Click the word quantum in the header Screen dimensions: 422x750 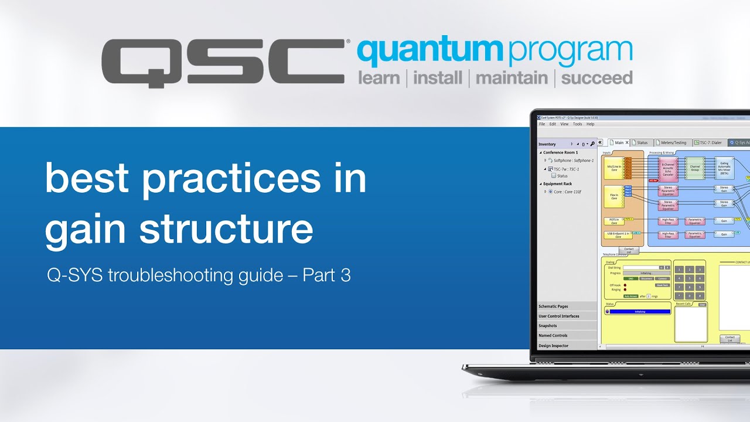(x=430, y=53)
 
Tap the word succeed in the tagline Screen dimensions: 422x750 (x=596, y=78)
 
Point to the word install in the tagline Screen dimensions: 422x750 (x=438, y=78)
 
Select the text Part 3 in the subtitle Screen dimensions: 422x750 (x=326, y=275)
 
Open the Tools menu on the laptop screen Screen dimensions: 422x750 (x=577, y=124)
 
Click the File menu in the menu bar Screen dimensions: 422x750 (x=542, y=124)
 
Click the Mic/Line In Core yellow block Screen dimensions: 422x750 (x=614, y=168)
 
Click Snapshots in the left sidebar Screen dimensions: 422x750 (x=548, y=326)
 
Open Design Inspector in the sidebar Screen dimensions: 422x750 (x=554, y=346)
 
